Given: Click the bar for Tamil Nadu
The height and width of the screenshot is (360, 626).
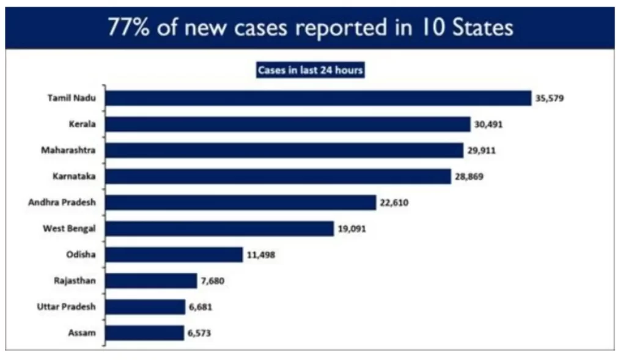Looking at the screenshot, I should tap(318, 98).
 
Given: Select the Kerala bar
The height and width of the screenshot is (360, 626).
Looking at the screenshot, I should tap(287, 124).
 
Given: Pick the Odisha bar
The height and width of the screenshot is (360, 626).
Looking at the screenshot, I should tap(174, 254).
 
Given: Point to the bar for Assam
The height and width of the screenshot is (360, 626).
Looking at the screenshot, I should tap(144, 332).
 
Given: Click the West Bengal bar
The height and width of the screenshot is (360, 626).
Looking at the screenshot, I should tap(219, 229).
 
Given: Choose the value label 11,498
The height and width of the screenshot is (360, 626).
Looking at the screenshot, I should tap(261, 255).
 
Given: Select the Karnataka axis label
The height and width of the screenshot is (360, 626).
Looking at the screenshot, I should tap(73, 176).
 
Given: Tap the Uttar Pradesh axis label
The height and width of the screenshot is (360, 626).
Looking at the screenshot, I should tap(66, 306).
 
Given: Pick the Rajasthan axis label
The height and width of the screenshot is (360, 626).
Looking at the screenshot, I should tap(75, 281).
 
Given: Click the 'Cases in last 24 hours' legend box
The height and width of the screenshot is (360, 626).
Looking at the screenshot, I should tap(310, 70).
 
